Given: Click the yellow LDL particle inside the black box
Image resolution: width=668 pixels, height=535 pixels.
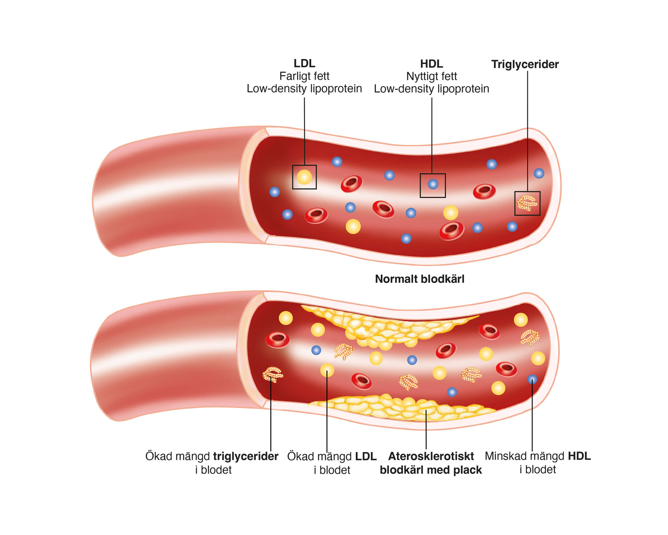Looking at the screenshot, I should tap(304, 177).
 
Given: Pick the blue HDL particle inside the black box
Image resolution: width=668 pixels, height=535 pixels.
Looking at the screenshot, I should tap(433, 184).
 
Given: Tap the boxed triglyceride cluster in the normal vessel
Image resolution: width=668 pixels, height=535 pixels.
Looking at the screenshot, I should tap(527, 203).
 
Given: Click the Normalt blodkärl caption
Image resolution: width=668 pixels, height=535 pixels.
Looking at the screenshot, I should tap(419, 279).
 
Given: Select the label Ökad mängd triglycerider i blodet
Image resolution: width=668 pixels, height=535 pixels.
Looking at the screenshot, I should tap(212, 463).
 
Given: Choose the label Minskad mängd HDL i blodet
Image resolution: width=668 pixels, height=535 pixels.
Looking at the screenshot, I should tap(538, 462).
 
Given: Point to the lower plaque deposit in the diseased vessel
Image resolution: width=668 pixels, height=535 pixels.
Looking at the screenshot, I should tap(403, 407).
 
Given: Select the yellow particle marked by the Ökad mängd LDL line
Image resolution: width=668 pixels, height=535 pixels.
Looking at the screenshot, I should tap(327, 370).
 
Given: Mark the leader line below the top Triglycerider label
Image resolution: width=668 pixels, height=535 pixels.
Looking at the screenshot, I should tap(527, 130).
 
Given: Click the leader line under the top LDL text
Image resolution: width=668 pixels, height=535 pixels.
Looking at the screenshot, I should tap(304, 130).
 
